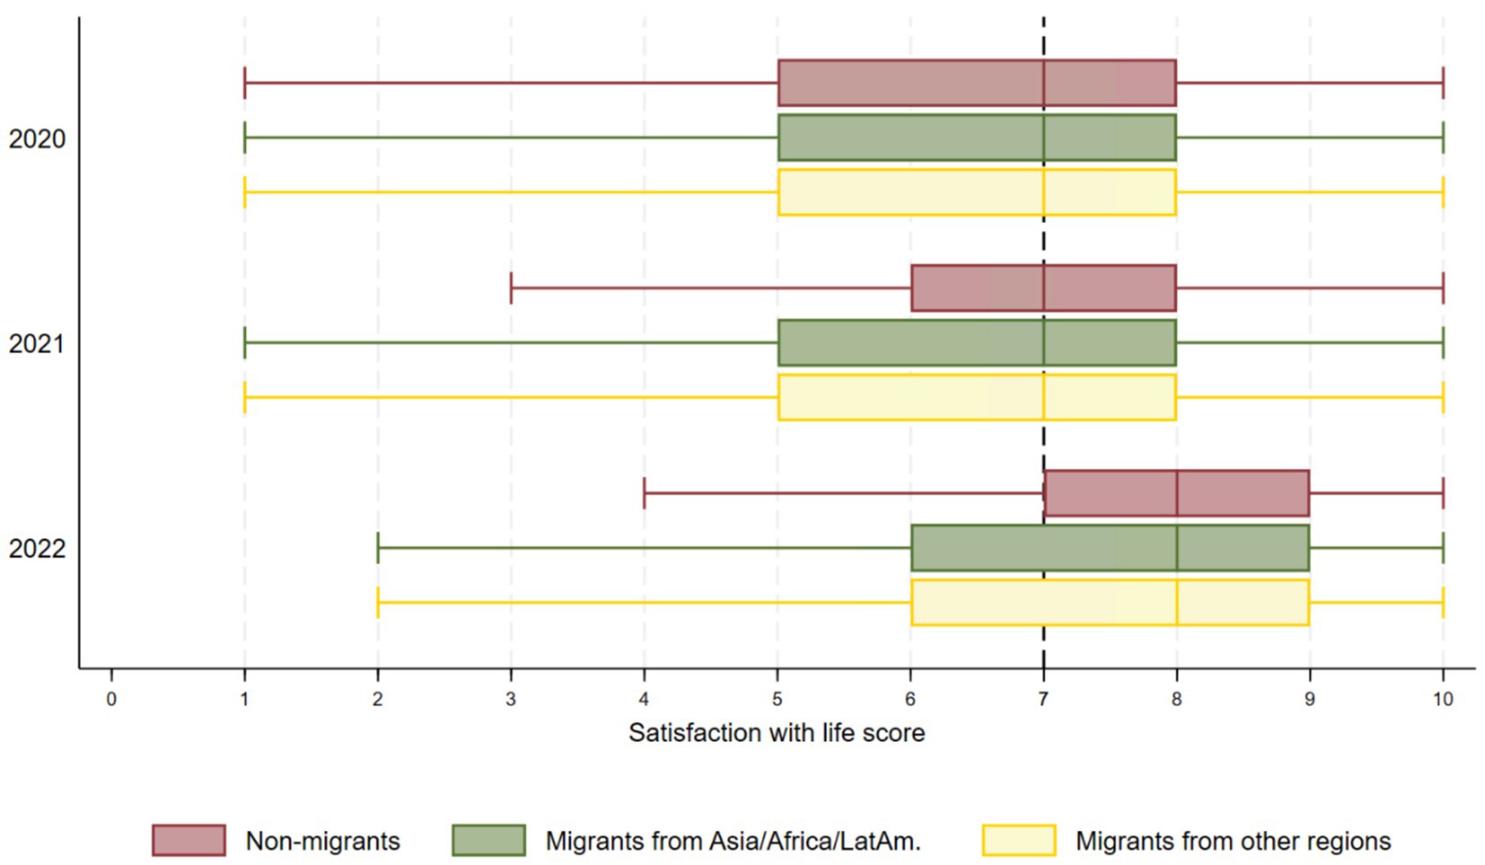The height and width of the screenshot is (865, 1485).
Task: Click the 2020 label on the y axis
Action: coord(37,139)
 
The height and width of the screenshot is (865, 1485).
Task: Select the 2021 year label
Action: coord(37,344)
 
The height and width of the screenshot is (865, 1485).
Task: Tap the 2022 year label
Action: coord(37,549)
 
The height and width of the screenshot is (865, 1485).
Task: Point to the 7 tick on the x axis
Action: coord(1043,699)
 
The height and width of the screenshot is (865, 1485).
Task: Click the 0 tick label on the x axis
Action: coord(111,699)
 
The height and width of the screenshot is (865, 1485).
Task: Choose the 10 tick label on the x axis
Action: coord(1442,699)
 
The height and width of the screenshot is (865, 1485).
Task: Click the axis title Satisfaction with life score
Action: coord(776,733)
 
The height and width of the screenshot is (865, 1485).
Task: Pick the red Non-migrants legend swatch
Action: coord(189,841)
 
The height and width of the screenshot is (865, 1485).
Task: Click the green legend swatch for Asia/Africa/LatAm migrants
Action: coord(488,841)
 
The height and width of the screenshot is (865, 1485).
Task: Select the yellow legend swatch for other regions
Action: coord(1018,841)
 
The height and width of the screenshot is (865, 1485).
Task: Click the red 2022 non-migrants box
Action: coord(1176,493)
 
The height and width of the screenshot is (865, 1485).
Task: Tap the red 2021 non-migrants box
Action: coord(1043,288)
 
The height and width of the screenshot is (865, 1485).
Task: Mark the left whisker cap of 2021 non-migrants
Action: coord(511,288)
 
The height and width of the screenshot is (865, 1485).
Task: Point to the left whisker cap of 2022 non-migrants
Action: coord(645,493)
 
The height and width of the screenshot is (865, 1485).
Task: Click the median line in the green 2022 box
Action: coord(1176,548)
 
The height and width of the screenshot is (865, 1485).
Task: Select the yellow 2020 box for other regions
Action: coord(977,192)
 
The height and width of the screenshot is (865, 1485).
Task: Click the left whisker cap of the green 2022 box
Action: coord(378,548)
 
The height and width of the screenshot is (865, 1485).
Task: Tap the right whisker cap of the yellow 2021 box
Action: coord(1443,397)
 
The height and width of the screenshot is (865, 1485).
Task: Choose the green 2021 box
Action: coord(977,343)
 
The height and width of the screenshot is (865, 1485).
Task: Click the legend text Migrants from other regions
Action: coord(1233,842)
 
